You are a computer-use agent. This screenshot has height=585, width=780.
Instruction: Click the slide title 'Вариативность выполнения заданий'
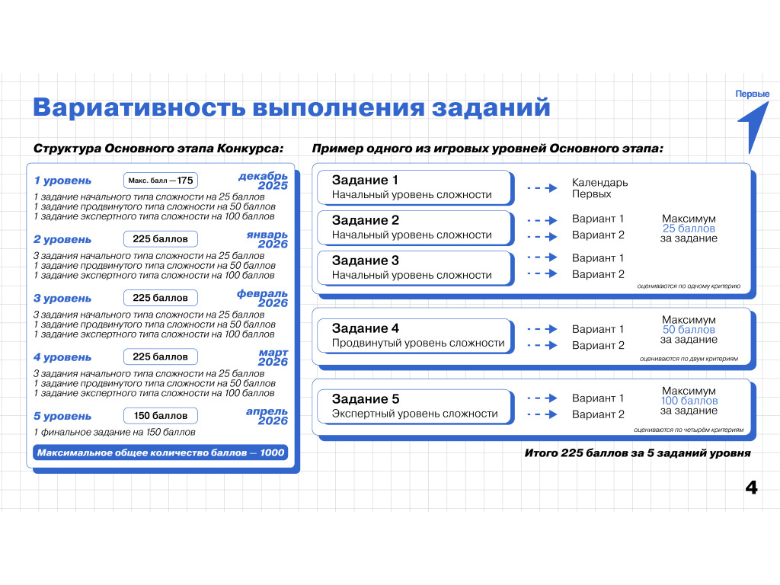click(292, 107)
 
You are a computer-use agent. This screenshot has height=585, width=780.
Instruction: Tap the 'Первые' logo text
click(752, 94)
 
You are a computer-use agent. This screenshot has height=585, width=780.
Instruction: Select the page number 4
click(751, 487)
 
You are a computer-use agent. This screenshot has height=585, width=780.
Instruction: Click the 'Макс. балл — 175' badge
click(161, 181)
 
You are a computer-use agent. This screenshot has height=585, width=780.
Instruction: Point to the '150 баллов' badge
click(161, 416)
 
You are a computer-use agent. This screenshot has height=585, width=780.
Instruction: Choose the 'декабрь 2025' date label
click(263, 181)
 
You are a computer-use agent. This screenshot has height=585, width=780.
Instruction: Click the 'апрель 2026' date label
click(267, 416)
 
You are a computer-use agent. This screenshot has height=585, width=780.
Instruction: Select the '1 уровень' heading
click(62, 181)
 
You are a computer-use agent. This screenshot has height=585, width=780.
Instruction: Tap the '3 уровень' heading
click(62, 299)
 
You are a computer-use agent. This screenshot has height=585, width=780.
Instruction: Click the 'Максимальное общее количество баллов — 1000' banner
click(161, 452)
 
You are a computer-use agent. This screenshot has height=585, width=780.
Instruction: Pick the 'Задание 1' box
click(415, 187)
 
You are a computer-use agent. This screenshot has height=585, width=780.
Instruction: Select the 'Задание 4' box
click(415, 336)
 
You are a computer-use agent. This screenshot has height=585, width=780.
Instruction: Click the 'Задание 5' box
click(415, 407)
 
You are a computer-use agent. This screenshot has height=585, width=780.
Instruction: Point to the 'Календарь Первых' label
click(599, 188)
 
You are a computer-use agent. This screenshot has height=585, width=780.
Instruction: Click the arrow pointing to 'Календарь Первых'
click(542, 188)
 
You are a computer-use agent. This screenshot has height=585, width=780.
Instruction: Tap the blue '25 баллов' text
click(689, 229)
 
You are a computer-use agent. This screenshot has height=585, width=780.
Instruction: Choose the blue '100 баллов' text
click(689, 401)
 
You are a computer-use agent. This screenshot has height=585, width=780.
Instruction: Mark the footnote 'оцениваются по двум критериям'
click(689, 359)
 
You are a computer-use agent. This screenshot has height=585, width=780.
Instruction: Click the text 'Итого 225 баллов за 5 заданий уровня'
click(638, 453)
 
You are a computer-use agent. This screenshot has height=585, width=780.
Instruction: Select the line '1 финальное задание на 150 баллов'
click(114, 433)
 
